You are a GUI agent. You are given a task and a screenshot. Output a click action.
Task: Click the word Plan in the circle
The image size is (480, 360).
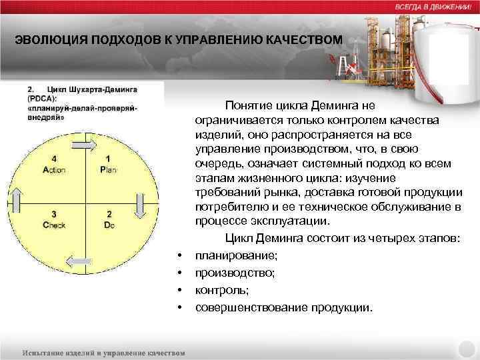pos(108,170)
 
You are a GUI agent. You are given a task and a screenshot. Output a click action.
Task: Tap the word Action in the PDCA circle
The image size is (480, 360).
pos(53,170)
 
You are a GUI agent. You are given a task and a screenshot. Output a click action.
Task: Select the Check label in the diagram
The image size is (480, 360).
pos(54,225)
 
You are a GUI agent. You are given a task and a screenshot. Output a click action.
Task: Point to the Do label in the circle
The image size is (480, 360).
pos(109,225)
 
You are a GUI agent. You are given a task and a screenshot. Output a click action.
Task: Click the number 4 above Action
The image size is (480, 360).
pos(54,159)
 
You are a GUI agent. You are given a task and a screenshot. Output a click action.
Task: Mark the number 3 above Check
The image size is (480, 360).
pos(54,214)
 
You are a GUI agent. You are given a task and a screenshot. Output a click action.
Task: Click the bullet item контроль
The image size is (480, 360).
pos(217,290)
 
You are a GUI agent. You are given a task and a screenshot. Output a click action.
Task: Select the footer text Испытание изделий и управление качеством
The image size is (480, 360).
pos(103,351)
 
